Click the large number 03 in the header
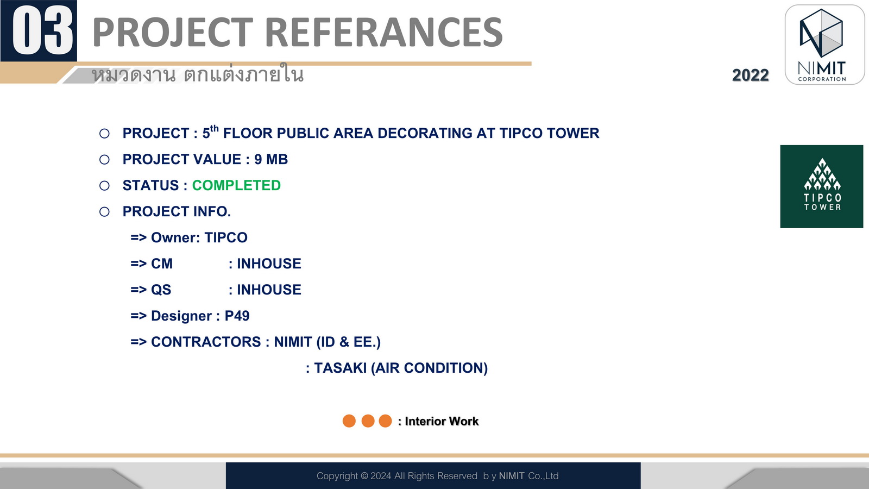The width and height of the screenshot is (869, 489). coord(43,31)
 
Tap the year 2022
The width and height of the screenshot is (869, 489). coord(750,76)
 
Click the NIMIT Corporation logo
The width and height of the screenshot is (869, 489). coord(824,45)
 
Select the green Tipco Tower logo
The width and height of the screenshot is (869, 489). coord(822,186)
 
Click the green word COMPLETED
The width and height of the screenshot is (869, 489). coord(236,185)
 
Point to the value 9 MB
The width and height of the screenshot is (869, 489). coord(271,160)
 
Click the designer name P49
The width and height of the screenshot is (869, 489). coord(237,316)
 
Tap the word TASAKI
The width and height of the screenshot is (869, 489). coord(340,368)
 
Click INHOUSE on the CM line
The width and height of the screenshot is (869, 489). coord(269,264)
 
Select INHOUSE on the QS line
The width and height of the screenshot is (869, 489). coord(269,290)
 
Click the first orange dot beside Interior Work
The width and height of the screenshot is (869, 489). coord(349,421)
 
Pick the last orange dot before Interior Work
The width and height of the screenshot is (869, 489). coord(385,421)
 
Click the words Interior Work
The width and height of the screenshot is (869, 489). coord(442,422)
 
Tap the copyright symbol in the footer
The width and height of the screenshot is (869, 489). coord(364,476)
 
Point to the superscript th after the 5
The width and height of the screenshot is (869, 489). coord(214,128)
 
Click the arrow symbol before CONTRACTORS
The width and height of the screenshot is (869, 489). coord(138,342)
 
